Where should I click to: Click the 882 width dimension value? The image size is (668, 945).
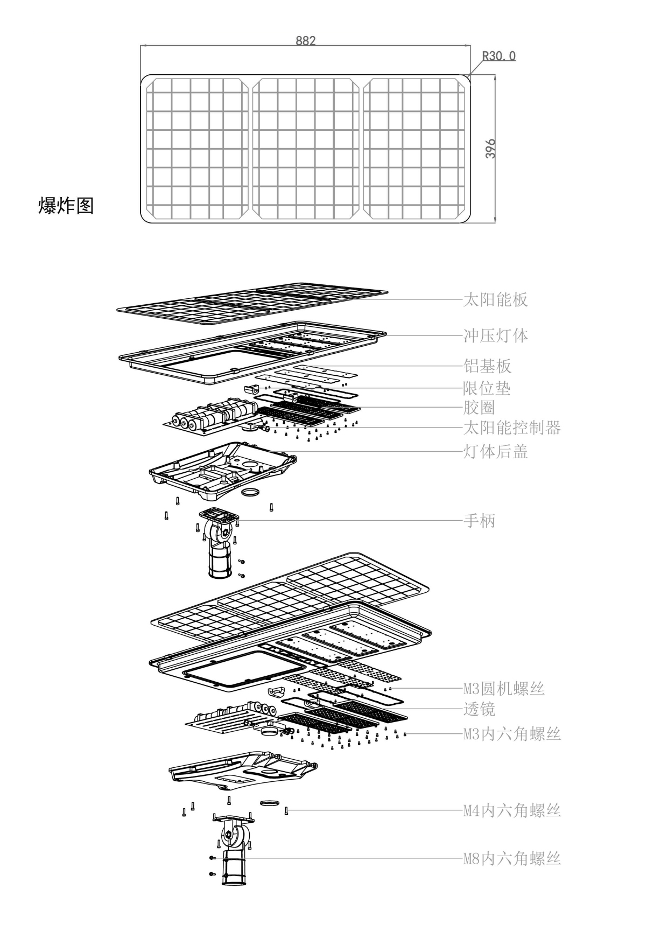tap(305, 41)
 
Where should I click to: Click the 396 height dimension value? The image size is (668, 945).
tap(490, 149)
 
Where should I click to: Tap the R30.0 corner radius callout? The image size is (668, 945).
tap(498, 56)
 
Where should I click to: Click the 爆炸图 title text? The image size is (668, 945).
tap(66, 205)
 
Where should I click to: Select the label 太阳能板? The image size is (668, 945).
tap(495, 299)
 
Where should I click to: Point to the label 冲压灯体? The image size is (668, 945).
tap(495, 335)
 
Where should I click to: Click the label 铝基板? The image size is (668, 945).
tap(487, 366)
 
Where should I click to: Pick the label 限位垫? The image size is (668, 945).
tap(487, 388)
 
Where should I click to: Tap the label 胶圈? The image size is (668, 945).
tap(479, 408)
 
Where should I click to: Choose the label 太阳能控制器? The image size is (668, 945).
tap(511, 428)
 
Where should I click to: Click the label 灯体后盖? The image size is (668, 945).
tap(495, 451)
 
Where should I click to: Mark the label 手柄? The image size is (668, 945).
tap(479, 521)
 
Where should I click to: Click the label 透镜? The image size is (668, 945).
tap(479, 709)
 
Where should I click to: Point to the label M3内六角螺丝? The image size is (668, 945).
tap(511, 733)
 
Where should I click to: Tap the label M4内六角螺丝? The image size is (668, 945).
tap(511, 810)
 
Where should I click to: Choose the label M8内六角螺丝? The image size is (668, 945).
tap(511, 858)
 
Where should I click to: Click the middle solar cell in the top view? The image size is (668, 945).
tap(305, 149)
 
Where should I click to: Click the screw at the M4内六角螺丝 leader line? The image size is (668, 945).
tap(286, 810)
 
